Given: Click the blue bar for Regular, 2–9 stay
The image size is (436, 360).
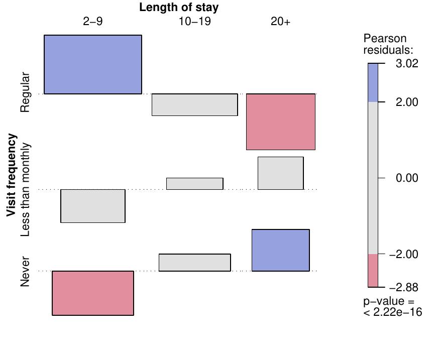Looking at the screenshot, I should (93, 64).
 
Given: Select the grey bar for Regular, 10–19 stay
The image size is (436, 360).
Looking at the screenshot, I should (195, 104).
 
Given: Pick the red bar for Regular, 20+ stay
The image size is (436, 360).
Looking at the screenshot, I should (281, 122).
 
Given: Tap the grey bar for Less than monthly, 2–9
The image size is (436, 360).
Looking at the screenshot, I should (93, 206).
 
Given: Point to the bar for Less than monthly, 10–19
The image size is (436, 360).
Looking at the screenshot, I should (195, 184).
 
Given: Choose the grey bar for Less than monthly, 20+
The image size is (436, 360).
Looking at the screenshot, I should (281, 173).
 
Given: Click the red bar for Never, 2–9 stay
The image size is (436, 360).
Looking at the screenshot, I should (93, 293).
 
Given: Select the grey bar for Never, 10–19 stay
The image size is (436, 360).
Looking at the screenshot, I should (195, 263).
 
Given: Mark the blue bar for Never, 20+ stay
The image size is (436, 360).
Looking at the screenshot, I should (281, 250).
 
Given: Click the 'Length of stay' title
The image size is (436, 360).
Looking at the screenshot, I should (179, 8).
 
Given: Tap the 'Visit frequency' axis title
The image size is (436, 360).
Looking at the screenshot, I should (12, 175).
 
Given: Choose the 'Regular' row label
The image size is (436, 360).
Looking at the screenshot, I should (25, 92).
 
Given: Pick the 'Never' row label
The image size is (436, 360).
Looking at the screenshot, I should (25, 272).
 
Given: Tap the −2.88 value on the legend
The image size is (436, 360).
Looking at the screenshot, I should (404, 287).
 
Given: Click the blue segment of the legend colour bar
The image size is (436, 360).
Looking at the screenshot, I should (373, 83).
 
